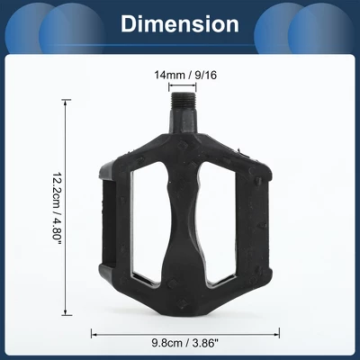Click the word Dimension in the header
[180, 23]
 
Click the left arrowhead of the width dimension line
[94, 330]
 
